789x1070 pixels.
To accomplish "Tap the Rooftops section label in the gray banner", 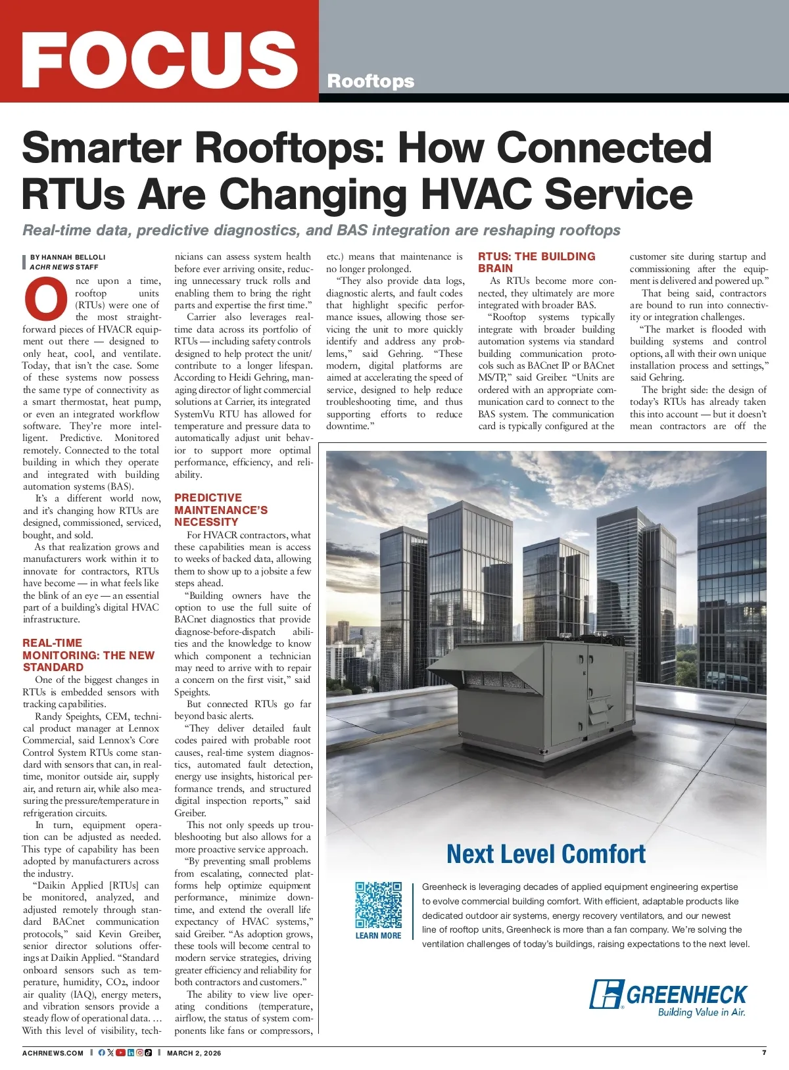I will click(x=371, y=81).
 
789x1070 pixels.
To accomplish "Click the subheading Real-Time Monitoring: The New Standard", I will click(x=88, y=655).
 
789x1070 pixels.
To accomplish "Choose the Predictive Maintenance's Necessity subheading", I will click(x=221, y=510).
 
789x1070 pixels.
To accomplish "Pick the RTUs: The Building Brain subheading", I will click(x=537, y=262).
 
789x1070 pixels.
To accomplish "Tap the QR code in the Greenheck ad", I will click(x=378, y=905).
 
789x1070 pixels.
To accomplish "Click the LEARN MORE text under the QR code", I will click(x=378, y=936).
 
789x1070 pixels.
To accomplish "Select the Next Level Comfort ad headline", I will click(x=546, y=854).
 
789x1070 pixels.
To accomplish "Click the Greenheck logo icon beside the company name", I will click(x=606, y=994).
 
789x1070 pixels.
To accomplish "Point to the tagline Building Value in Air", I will click(x=702, y=1013).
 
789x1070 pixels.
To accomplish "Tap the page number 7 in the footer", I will click(x=764, y=1052).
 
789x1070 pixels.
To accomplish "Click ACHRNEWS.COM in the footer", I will click(x=53, y=1053).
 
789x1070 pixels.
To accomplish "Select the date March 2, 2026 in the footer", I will click(x=194, y=1053).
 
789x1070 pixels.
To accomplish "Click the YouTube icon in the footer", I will click(x=120, y=1053).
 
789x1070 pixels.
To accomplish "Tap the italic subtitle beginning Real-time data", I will click(x=322, y=231).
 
